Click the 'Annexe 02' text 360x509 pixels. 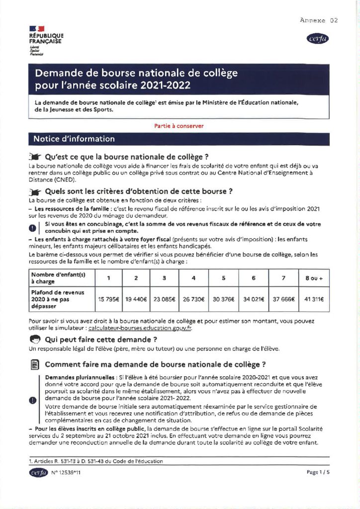tap(319, 20)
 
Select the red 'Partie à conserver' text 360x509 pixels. tap(179, 126)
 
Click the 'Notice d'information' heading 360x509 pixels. tap(74, 139)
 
